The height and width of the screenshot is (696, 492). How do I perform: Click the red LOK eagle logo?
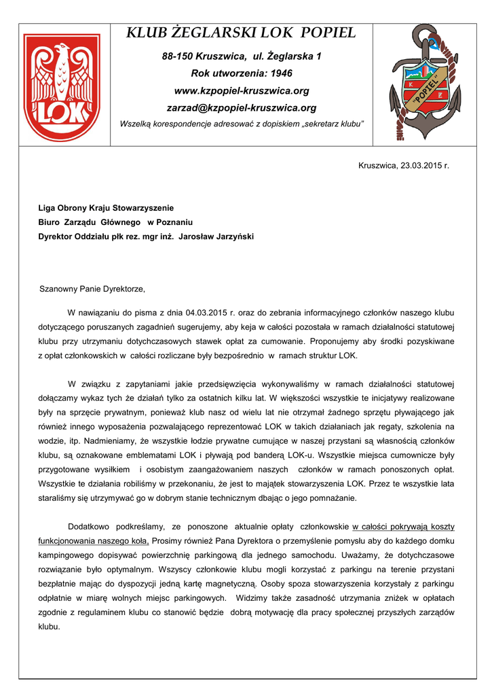[x=61, y=87]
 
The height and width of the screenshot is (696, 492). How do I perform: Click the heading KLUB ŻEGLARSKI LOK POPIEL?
[x=242, y=33]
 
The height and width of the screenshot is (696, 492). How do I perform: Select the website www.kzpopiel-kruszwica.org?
[x=242, y=90]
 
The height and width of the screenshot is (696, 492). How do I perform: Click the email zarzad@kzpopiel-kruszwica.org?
[x=242, y=108]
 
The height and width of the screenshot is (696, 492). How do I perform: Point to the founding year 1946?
[x=281, y=73]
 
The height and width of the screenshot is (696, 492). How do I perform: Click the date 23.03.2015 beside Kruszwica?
[x=421, y=165]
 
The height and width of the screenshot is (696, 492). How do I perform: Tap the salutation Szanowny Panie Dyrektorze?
[x=93, y=289]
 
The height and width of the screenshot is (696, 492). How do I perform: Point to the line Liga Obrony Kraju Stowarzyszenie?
[x=106, y=207]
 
